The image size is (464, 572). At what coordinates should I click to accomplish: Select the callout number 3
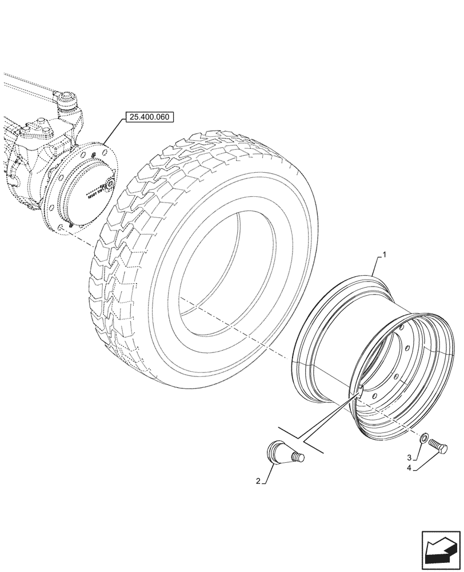click(409, 458)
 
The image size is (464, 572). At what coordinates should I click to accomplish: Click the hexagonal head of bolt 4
click(442, 448)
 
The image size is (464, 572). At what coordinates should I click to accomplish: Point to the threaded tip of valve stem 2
click(299, 456)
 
